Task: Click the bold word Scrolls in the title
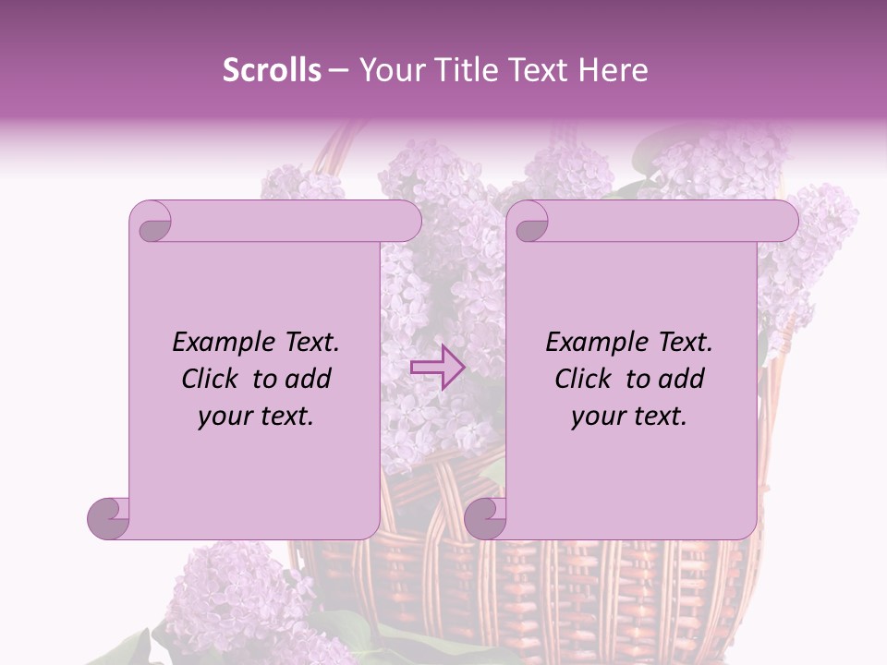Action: point(273,70)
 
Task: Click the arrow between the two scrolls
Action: point(437,366)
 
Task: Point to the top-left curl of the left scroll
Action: point(152,223)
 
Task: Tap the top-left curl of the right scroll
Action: point(529,223)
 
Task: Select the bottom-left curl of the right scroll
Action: point(485,517)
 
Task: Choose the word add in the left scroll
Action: point(308,379)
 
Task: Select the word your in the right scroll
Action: point(596,416)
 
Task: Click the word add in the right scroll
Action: point(681,379)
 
